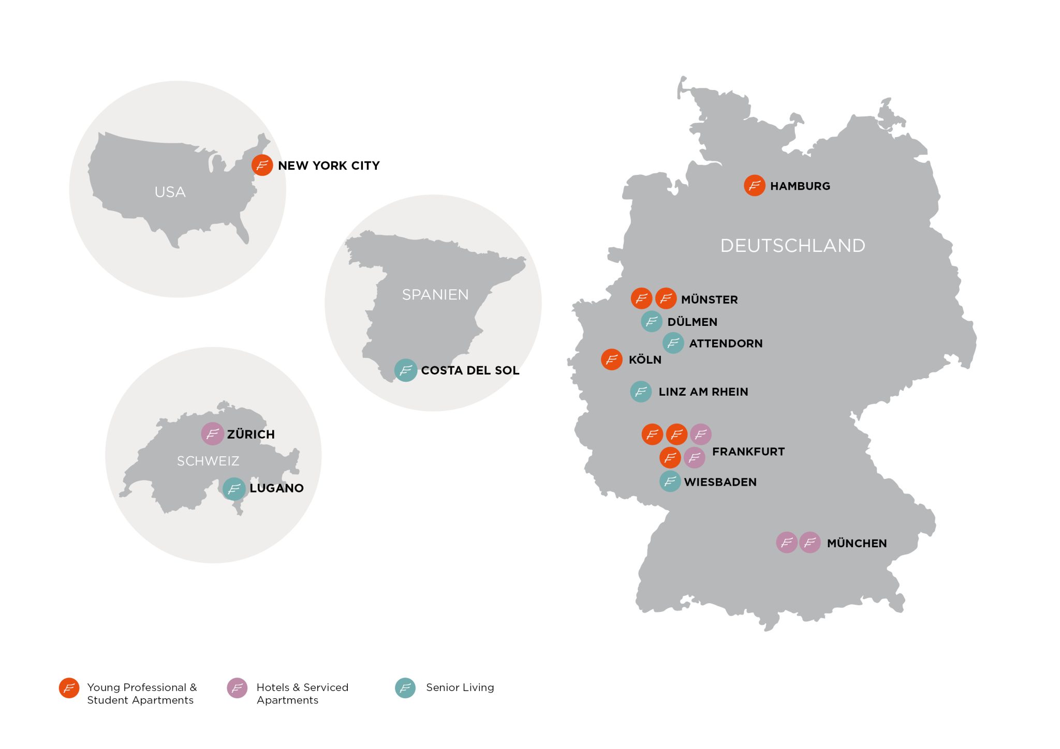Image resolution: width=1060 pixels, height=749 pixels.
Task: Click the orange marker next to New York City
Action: click(x=262, y=165)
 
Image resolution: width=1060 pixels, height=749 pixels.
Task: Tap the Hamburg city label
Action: click(x=800, y=186)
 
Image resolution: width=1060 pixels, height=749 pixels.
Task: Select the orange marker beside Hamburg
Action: click(x=754, y=185)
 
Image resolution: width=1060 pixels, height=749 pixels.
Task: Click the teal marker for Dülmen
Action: click(x=652, y=321)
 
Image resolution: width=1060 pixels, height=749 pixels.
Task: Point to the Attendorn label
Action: click(x=726, y=343)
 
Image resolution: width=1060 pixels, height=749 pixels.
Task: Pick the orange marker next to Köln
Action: click(x=611, y=359)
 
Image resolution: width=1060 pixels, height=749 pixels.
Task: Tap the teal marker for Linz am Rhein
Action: click(x=641, y=392)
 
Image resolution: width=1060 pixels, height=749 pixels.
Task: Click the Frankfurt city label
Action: click(x=748, y=452)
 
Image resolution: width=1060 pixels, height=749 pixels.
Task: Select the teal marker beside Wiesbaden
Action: click(x=670, y=482)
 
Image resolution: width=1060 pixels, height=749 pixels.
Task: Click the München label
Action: click(x=857, y=543)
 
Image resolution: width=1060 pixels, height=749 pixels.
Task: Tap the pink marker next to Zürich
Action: click(x=212, y=433)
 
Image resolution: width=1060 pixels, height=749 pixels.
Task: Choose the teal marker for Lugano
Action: click(x=234, y=488)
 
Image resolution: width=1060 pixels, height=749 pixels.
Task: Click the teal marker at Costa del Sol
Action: click(x=406, y=370)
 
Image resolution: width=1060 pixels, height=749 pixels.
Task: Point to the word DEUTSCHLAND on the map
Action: click(x=792, y=245)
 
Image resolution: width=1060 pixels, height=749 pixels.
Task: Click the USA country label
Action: click(x=170, y=192)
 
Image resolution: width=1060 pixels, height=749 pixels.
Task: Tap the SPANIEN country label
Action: click(x=435, y=294)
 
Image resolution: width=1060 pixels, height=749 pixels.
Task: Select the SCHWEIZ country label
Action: click(x=208, y=461)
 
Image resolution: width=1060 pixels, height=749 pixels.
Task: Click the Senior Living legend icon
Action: click(x=405, y=688)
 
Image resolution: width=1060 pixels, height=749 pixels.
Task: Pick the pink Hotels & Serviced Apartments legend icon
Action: click(x=237, y=688)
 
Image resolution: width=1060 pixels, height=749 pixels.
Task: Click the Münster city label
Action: click(x=709, y=299)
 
